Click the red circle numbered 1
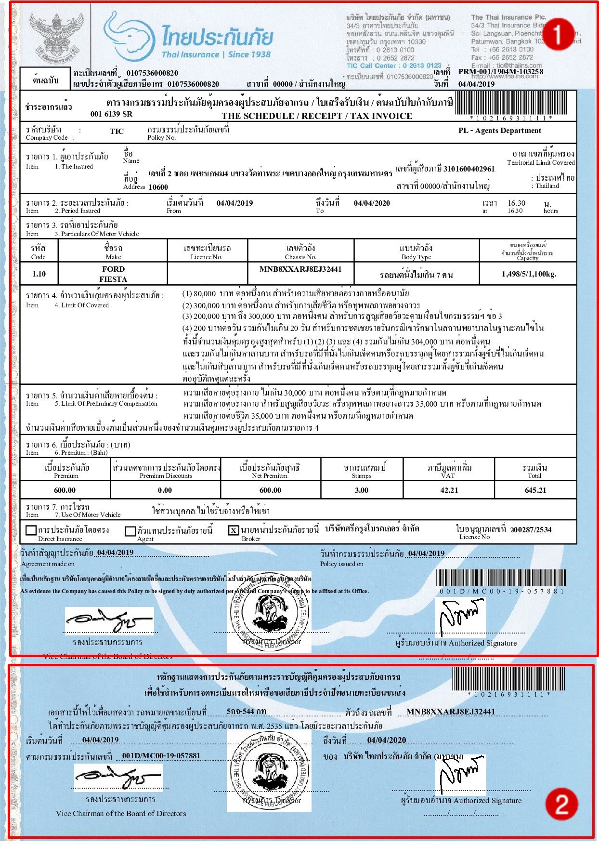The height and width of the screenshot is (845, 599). click(x=558, y=34)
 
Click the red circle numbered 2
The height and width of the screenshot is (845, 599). click(x=561, y=803)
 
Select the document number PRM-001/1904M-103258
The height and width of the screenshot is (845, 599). click(x=500, y=72)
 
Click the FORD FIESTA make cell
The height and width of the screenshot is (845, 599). click(x=113, y=274)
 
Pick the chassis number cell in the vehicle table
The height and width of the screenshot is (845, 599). click(x=300, y=269)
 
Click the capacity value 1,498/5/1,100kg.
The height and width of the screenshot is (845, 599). click(x=529, y=274)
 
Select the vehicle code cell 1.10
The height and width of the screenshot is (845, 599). click(x=39, y=274)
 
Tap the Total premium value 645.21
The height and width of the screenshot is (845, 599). click(x=535, y=490)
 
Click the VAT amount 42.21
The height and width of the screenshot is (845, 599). click(x=449, y=490)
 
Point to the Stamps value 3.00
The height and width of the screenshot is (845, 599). click(x=361, y=490)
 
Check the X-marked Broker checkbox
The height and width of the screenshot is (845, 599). click(x=234, y=530)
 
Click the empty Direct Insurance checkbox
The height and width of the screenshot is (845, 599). click(x=31, y=530)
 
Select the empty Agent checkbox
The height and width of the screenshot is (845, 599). click(x=130, y=531)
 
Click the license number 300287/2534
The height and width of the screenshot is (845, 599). click(x=531, y=529)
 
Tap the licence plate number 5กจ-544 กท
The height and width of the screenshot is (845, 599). click(x=246, y=711)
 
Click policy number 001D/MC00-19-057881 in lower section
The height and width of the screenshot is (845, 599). click(x=161, y=755)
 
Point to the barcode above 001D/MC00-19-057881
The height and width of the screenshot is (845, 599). click(x=501, y=578)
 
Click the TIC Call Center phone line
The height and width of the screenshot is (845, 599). click(x=394, y=66)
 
